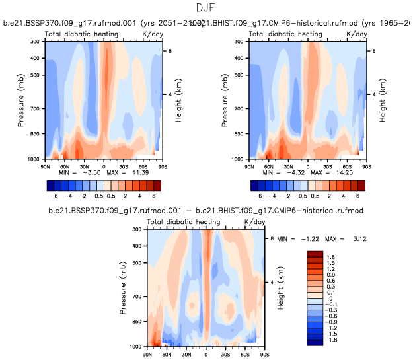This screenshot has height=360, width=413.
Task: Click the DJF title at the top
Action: (x=206, y=8)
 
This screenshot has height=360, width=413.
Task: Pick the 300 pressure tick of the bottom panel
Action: (x=139, y=229)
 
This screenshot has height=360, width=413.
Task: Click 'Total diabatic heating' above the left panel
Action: (x=82, y=34)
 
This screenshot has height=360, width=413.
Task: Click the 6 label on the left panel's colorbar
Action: (x=153, y=196)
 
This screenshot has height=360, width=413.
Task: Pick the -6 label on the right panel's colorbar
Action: (x=259, y=196)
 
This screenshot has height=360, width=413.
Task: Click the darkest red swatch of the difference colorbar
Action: (x=315, y=254)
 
